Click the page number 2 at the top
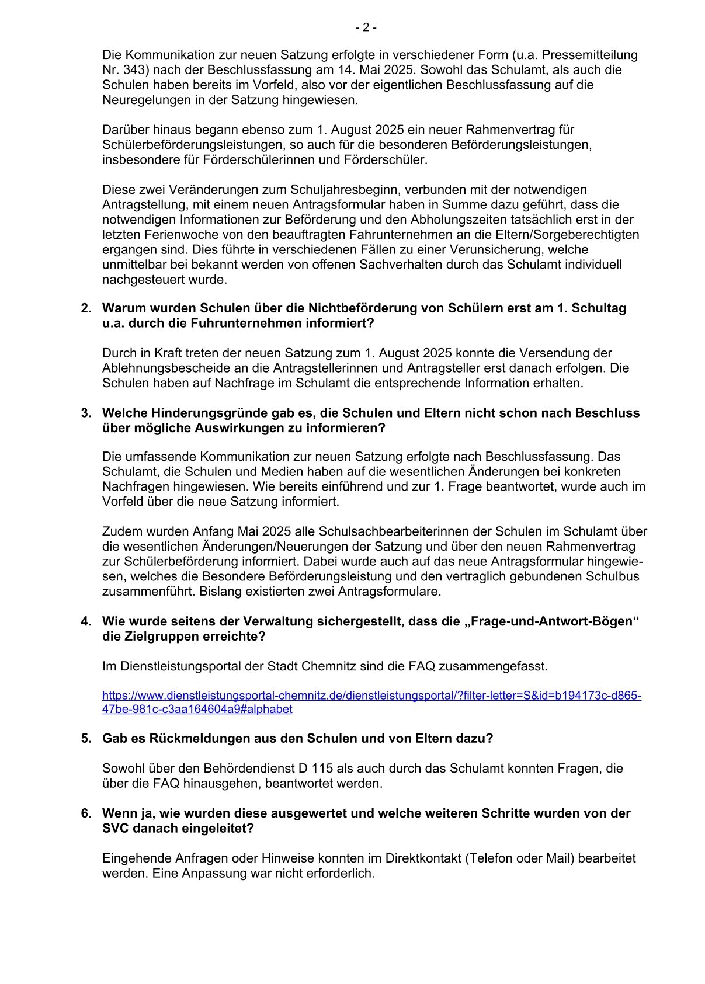[366, 27]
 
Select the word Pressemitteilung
[590, 55]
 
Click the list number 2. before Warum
[86, 308]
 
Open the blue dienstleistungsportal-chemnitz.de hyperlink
[371, 696]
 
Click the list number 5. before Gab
[86, 739]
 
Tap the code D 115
[311, 769]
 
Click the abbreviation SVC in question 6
[115, 829]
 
